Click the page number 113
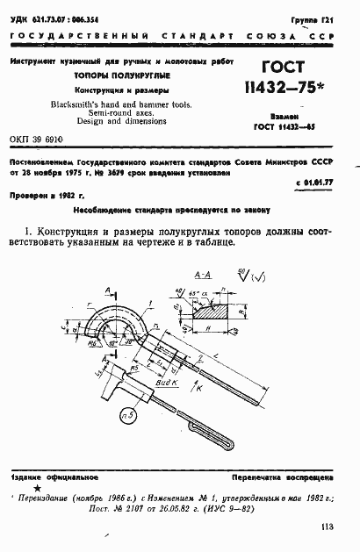click(329, 527)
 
